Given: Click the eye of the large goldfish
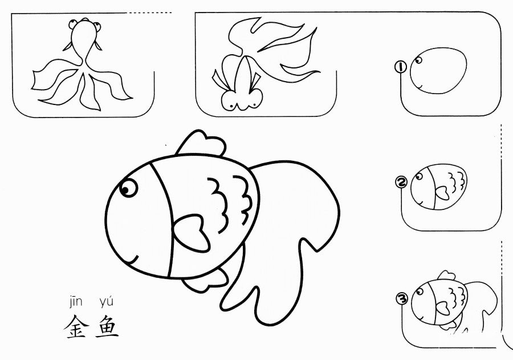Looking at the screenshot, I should pos(128,187).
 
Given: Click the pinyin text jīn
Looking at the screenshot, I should pos(76,301).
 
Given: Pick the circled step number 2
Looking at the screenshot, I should pos(401,183).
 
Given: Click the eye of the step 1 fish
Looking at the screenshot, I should pos(420,59).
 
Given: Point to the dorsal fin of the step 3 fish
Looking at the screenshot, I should pos(443,276).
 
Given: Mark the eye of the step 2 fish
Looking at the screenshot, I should pos(421,177).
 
